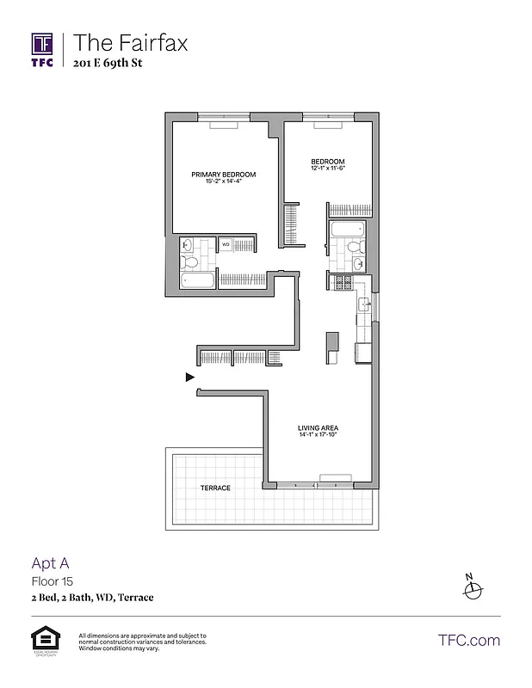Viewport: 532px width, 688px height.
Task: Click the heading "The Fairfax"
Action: (130, 41)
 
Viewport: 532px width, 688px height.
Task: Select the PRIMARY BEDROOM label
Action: (223, 175)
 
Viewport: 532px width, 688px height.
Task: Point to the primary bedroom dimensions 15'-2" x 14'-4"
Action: (223, 182)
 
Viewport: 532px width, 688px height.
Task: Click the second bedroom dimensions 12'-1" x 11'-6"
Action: (328, 169)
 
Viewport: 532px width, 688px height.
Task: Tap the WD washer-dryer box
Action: (226, 245)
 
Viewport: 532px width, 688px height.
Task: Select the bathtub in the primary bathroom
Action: (200, 281)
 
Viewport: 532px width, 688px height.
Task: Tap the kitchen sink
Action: (364, 302)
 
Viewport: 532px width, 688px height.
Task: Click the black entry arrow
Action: (190, 377)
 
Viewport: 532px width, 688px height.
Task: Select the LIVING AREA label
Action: (317, 427)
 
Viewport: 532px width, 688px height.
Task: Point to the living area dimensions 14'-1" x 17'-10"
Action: (317, 435)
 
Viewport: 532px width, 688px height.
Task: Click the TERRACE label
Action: (215, 488)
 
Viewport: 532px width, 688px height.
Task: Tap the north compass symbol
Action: (471, 589)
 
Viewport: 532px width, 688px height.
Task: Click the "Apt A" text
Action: (49, 563)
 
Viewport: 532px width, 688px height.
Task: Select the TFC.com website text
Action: (469, 640)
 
